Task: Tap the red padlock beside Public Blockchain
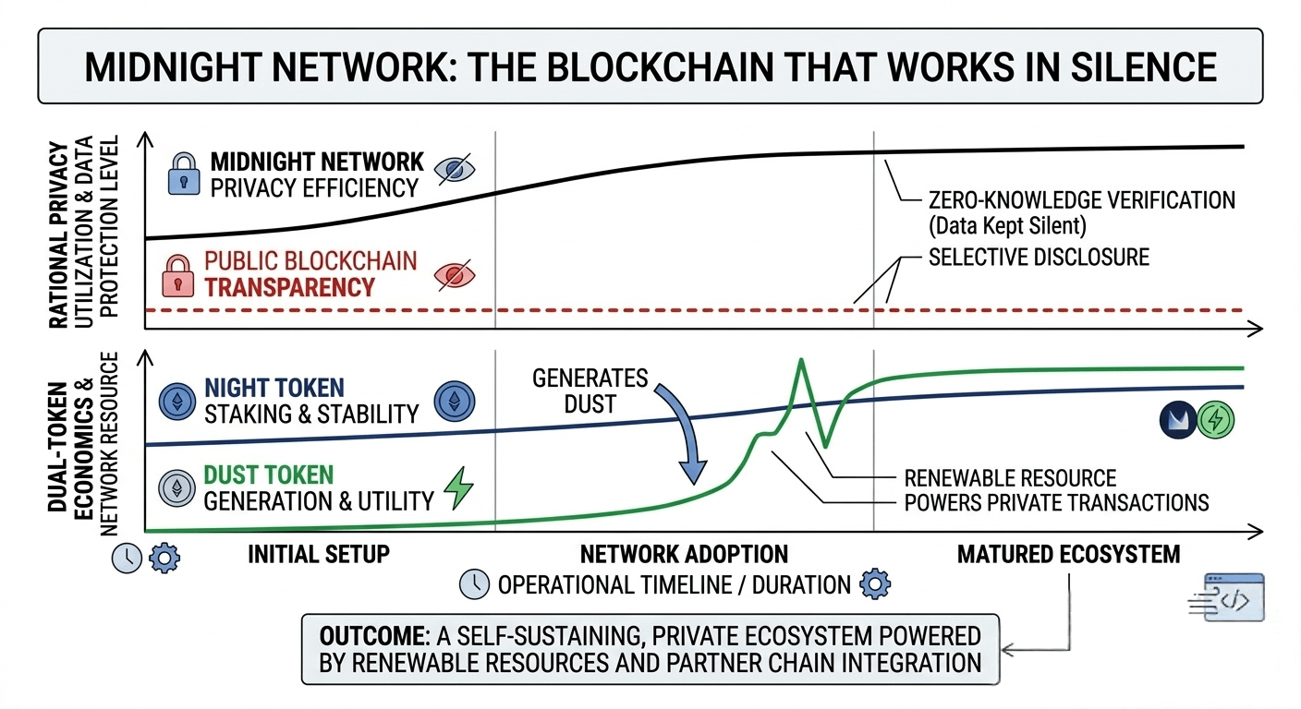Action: click(x=177, y=274)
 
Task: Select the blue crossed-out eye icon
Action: click(x=455, y=171)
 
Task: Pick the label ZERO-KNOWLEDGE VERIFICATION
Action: click(x=1081, y=199)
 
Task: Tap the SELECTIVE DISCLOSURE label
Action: click(x=1039, y=257)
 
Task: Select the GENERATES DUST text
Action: click(x=590, y=391)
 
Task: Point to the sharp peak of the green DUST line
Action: click(x=800, y=360)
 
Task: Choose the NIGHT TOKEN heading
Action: click(x=274, y=387)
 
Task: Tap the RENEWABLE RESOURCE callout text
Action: click(x=1010, y=478)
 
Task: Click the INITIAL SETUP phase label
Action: click(x=319, y=555)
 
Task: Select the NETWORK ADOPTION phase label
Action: click(x=684, y=555)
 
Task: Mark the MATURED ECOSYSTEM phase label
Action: click(x=1068, y=555)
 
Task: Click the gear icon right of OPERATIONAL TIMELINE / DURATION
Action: click(x=874, y=584)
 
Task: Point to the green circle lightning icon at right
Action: click(x=1215, y=420)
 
